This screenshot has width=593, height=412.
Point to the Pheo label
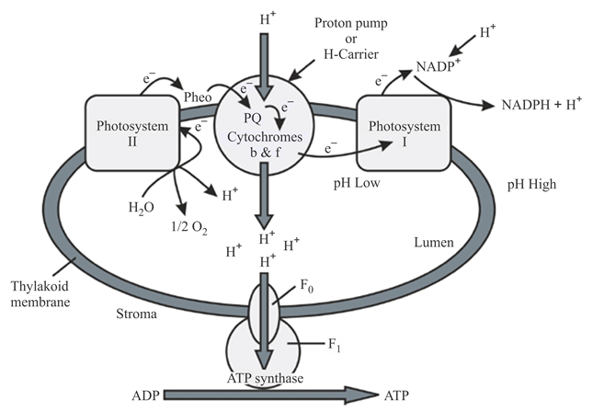pos(200,96)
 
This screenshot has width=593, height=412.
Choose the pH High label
pos(530,185)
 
